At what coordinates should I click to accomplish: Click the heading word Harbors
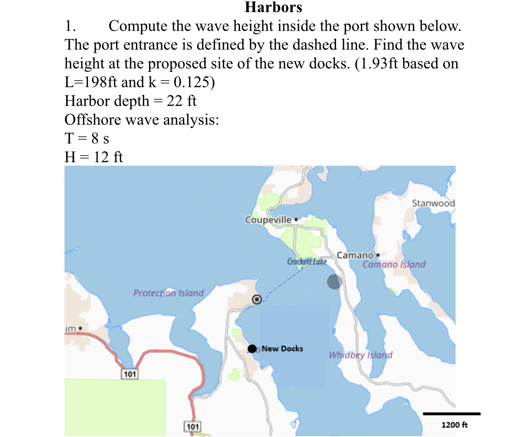[273, 7]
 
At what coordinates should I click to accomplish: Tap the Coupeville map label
[268, 220]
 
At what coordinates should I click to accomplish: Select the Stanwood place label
[433, 203]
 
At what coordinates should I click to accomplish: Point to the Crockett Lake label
[307, 262]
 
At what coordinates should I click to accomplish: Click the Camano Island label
[394, 264]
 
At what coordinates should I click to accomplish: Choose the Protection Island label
[169, 293]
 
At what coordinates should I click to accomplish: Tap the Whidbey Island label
[360, 355]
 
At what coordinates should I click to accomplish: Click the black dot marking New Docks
[252, 349]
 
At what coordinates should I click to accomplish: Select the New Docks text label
[282, 349]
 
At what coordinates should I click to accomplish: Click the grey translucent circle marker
[335, 282]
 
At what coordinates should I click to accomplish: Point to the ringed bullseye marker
[257, 300]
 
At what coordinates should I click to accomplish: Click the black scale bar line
[452, 414]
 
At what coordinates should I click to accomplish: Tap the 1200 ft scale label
[454, 425]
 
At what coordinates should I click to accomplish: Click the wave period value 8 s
[100, 138]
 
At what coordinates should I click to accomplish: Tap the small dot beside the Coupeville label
[296, 220]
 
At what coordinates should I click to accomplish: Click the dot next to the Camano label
[378, 255]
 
